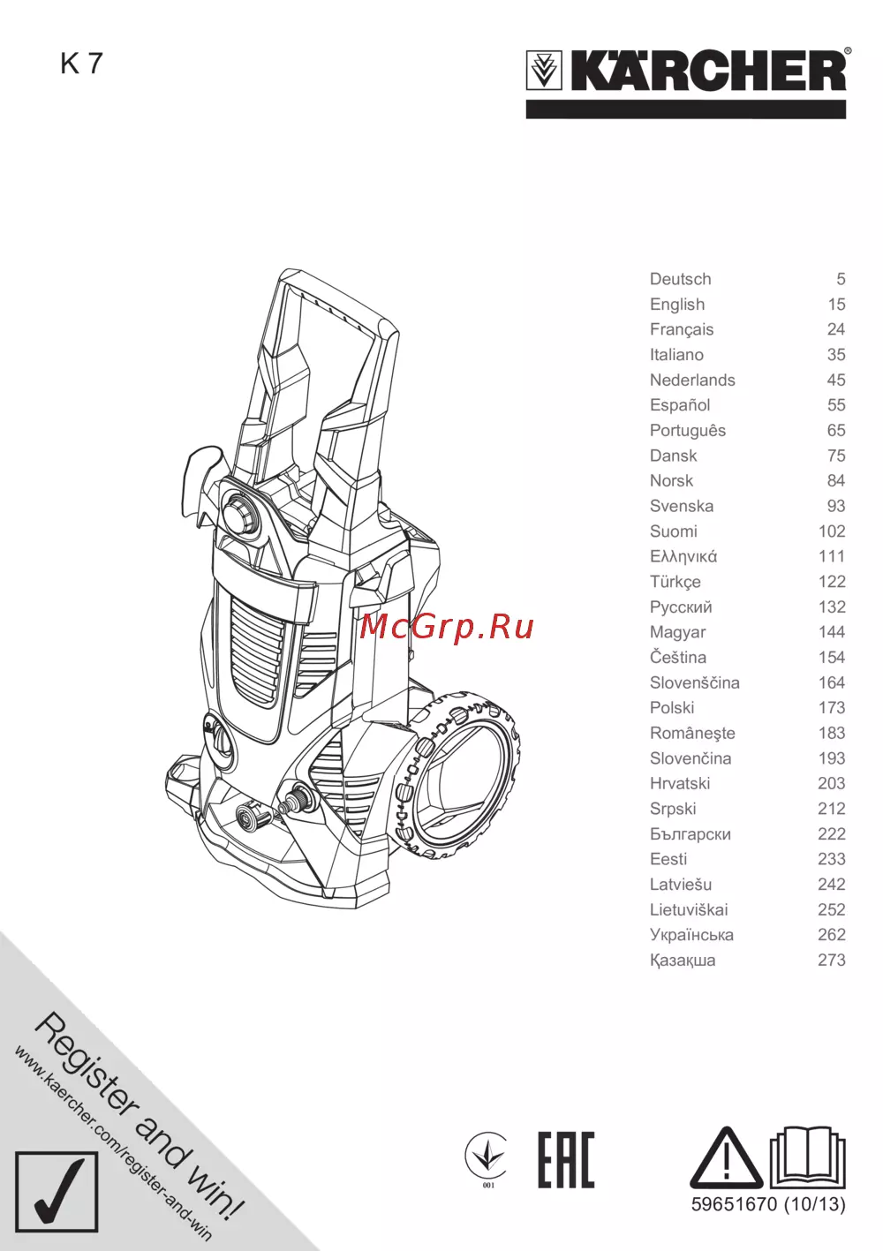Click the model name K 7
coord(81,64)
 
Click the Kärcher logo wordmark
coord(708,71)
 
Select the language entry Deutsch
coord(680,279)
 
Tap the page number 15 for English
coord(836,304)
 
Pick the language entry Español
coord(680,405)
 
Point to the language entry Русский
coord(681,607)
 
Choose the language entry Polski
coord(672,707)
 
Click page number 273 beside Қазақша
coord(832,960)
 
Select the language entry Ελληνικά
coord(683,556)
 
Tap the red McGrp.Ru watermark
coord(447,628)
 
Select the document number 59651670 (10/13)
coord(768,1204)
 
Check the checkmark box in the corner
coord(57,1192)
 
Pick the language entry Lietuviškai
coord(689,909)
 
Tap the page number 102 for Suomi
coord(832,531)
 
